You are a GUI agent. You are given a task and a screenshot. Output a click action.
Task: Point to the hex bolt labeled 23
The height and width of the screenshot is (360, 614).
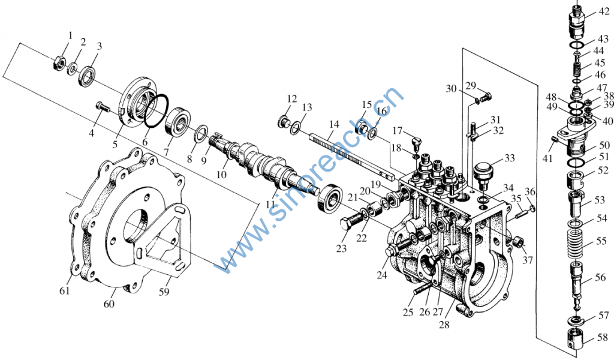(x=350, y=224)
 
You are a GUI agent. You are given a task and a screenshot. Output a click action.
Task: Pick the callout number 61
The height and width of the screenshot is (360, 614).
(x=65, y=291)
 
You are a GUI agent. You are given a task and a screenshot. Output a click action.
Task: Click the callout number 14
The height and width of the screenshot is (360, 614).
(x=333, y=124)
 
